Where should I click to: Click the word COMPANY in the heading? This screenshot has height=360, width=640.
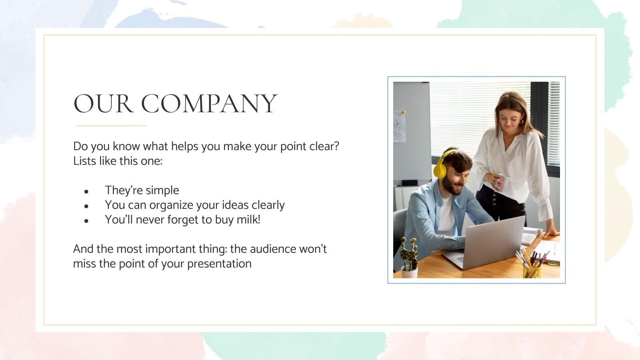[x=209, y=104]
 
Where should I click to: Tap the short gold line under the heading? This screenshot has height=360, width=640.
[x=111, y=126]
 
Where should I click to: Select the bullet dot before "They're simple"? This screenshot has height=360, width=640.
[x=86, y=192]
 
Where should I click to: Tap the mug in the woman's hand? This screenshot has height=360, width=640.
[x=503, y=182]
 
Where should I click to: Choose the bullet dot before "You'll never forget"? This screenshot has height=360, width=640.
[x=86, y=221]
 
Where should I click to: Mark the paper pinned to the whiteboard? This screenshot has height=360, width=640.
[x=399, y=126]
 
